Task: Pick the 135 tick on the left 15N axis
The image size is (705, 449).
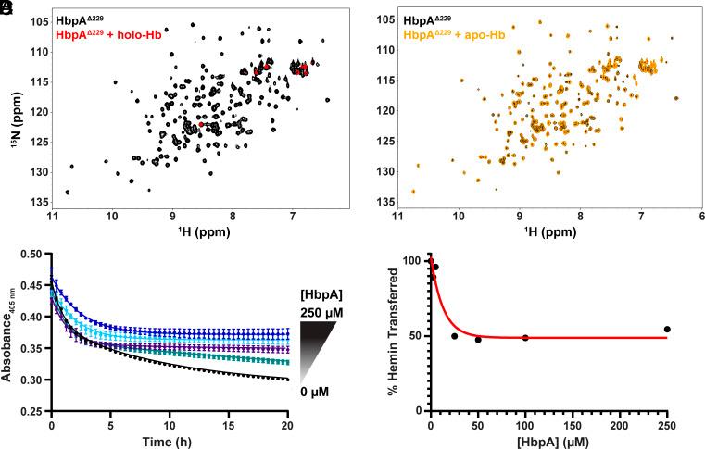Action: (x=40, y=202)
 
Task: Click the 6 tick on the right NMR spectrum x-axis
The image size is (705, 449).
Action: (x=700, y=217)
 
